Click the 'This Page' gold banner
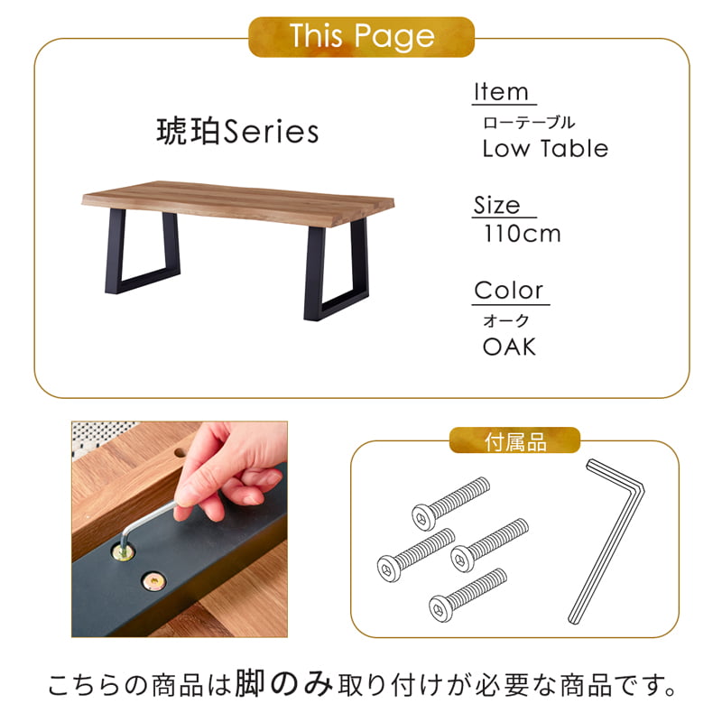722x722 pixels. click(362, 37)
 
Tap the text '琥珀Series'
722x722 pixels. click(237, 132)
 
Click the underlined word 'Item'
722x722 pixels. click(502, 92)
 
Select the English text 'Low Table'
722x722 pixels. click(545, 149)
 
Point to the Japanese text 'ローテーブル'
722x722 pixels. click(529, 123)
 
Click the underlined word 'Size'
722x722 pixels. click(497, 205)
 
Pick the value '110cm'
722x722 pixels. click(523, 234)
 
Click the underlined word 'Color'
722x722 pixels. click(509, 291)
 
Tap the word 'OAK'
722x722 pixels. click(509, 347)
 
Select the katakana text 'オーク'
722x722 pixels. click(506, 320)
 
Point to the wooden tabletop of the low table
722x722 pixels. click(238, 202)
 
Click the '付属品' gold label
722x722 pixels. click(514, 440)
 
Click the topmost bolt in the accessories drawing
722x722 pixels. click(450, 504)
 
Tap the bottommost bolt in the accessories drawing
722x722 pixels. click(467, 595)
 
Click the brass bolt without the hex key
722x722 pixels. click(153, 582)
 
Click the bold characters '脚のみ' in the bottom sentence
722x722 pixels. click(283, 684)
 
